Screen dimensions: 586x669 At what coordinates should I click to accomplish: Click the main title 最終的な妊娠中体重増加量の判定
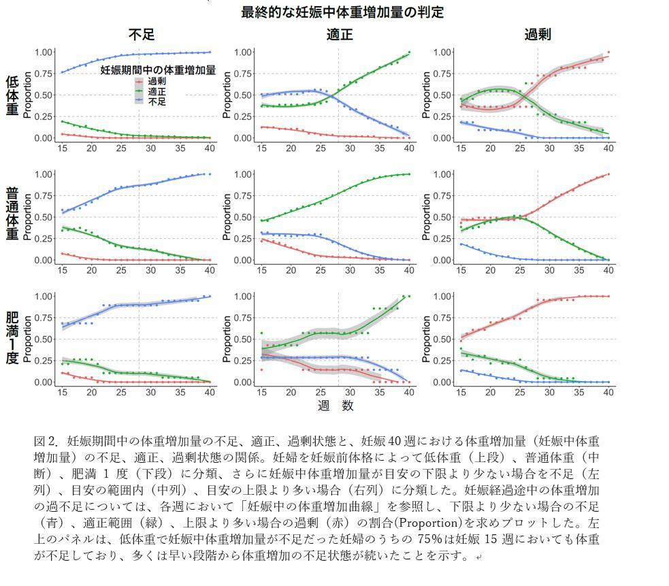pos(342,12)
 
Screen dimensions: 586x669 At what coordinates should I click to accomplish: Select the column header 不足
pos(143,35)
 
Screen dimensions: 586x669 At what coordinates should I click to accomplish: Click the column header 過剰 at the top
pos(537,35)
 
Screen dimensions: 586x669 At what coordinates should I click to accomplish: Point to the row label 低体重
pos(12,95)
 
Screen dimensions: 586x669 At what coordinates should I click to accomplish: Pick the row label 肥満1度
pos(12,338)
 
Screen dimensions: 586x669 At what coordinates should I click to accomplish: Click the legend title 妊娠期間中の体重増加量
pos(158,69)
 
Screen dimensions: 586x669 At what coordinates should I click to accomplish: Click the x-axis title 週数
pos(336,406)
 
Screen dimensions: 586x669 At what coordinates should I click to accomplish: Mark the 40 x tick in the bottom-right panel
pos(608,393)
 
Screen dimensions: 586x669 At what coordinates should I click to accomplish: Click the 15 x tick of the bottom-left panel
pos(62,393)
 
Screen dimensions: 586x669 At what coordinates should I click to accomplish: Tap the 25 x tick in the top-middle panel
pos(321,148)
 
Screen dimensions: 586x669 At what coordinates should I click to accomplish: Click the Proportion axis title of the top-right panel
pos(427,95)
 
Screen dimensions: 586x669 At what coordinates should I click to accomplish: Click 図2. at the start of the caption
pos(46,440)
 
